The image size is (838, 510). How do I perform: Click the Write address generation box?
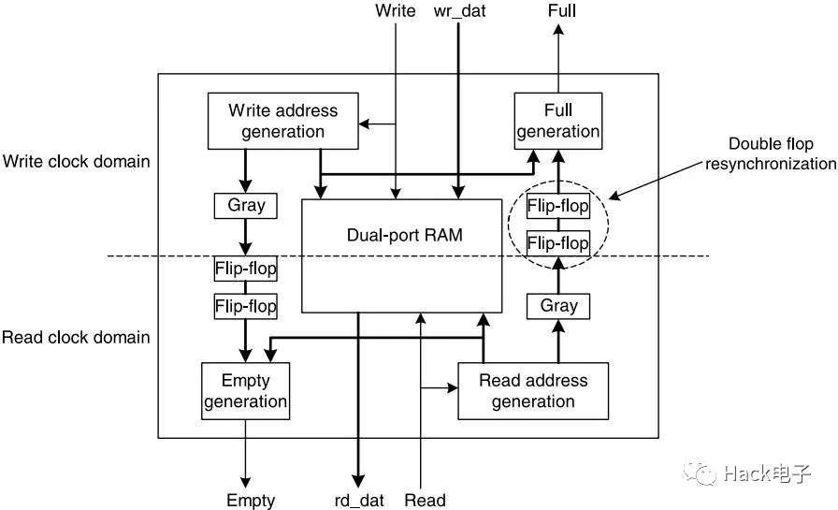pos(282,121)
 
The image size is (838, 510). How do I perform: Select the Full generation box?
pos(558,121)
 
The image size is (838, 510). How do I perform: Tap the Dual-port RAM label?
pos(402,236)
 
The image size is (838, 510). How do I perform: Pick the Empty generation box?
pos(245,391)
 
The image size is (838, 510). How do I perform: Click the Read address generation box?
pos(533,391)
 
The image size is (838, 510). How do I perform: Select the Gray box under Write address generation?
pos(246,206)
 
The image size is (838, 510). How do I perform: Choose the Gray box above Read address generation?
pos(558,305)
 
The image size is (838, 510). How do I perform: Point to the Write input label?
pos(396,11)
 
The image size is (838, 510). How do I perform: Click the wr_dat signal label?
pos(459,11)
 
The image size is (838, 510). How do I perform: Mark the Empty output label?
pos(251,500)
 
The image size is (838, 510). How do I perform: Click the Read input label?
pos(425,500)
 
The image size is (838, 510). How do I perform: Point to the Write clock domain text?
pos(77,162)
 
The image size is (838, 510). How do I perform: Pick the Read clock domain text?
pos(77,337)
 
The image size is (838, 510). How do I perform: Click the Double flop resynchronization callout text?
pos(772,154)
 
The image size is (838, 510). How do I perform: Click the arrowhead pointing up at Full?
pos(558,31)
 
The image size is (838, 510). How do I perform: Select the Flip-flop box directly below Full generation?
pos(558,205)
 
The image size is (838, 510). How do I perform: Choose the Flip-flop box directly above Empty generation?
pos(246,305)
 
